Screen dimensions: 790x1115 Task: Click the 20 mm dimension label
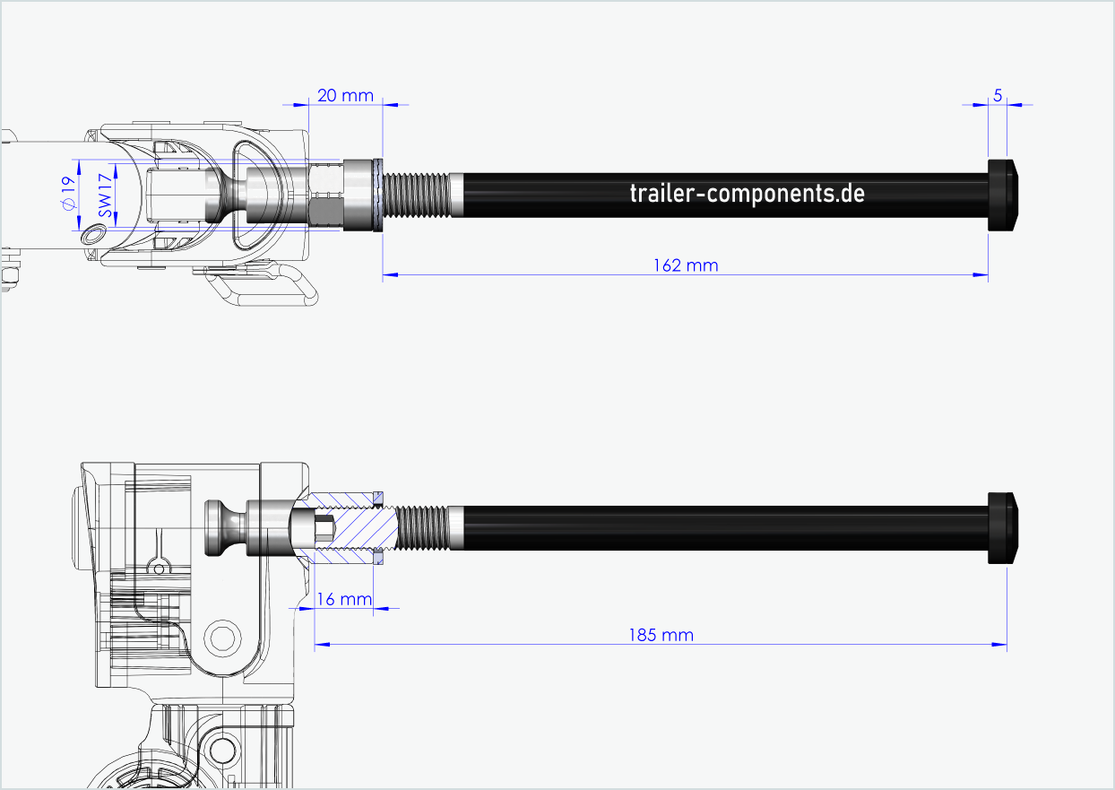[344, 95]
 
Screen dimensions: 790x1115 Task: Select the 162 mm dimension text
[686, 265]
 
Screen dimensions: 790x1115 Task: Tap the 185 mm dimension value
[661, 635]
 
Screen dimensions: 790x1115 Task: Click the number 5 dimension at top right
[997, 95]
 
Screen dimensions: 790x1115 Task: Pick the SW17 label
[106, 195]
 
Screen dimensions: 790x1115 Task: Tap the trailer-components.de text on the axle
[747, 193]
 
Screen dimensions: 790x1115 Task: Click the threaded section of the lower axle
[421, 528]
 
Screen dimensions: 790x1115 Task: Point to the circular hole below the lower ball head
[221, 638]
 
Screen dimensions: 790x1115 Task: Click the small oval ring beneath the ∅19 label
[92, 235]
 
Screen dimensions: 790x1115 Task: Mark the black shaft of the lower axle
[717, 528]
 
